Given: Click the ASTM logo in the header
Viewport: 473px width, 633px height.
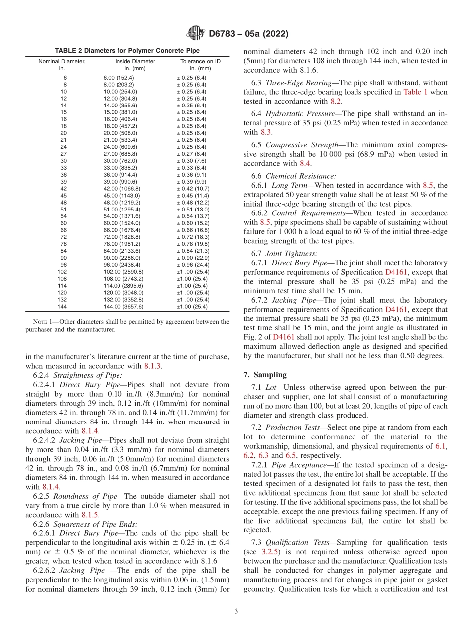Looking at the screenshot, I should tap(195, 34).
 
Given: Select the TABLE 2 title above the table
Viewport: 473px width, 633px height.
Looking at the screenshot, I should tap(127, 51).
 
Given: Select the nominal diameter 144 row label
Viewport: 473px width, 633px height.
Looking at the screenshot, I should tap(62, 307).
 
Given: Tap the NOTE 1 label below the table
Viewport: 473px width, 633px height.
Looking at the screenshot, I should tap(49, 321).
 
